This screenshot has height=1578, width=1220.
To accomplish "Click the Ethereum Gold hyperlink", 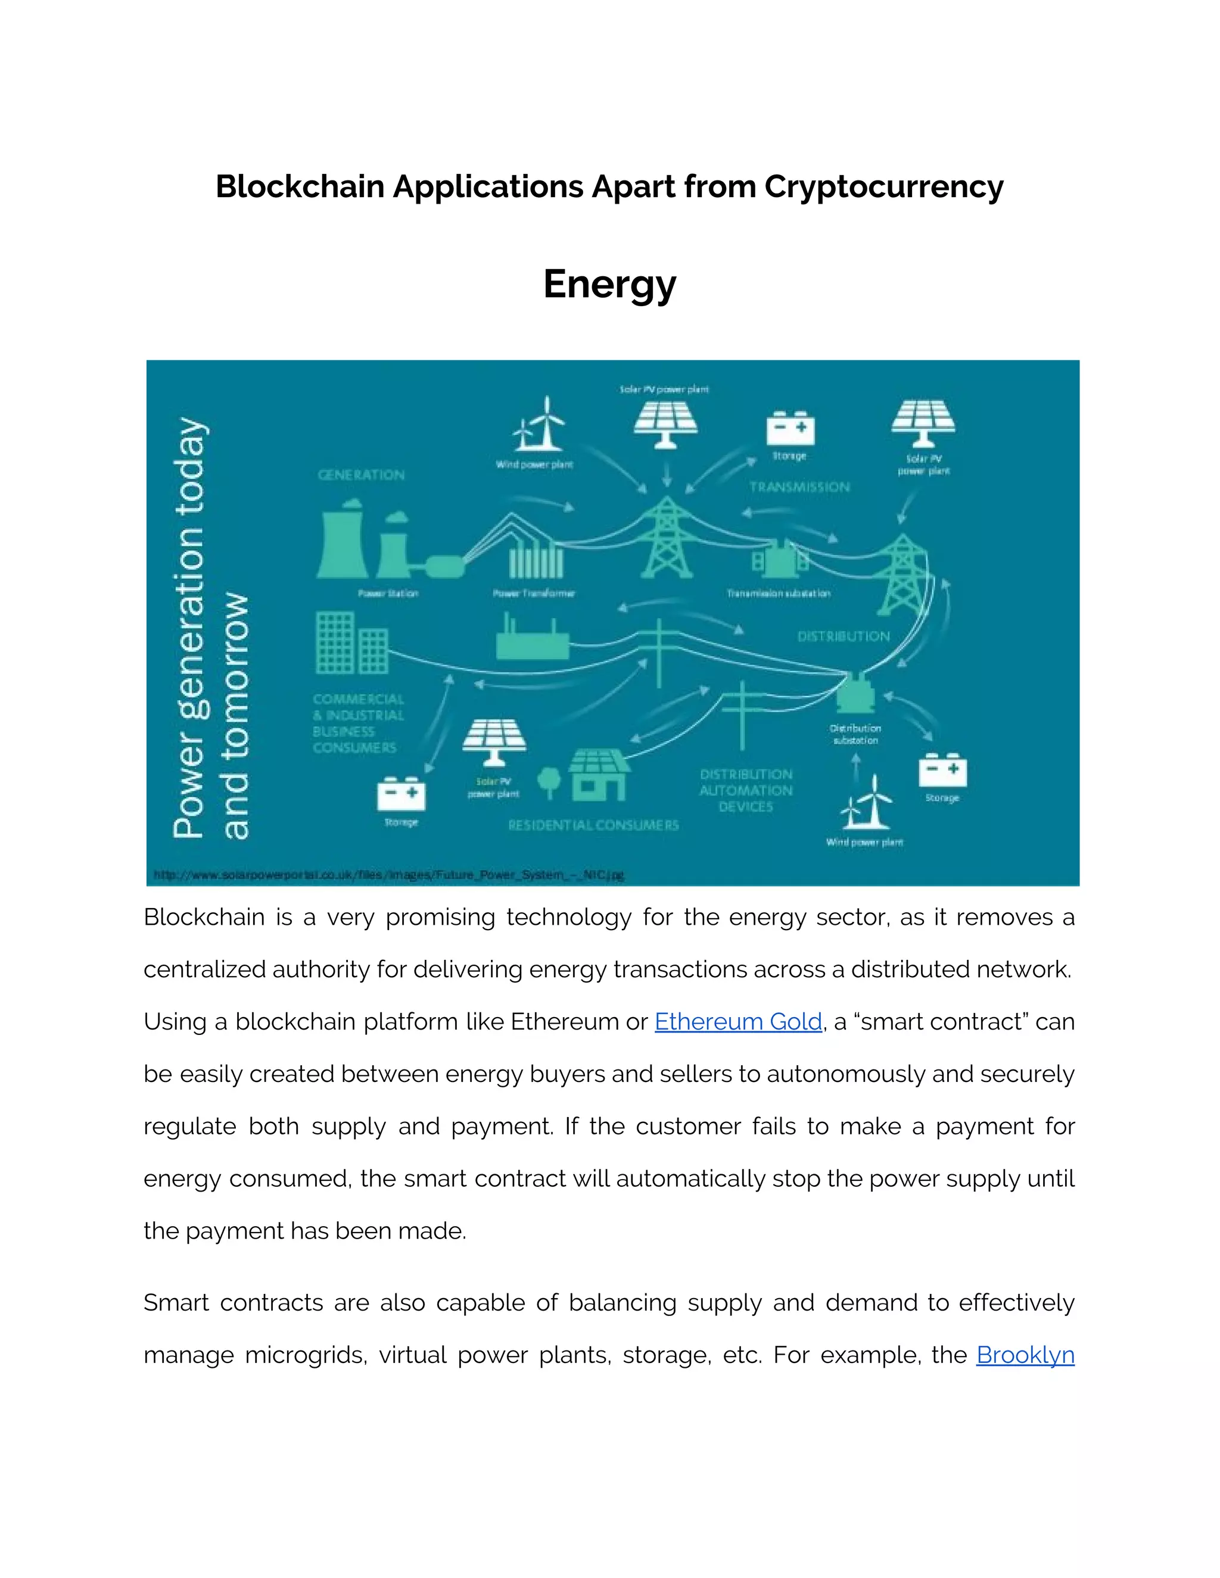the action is (x=738, y=1022).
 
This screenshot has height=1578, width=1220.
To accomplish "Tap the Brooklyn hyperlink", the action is (x=1025, y=1355).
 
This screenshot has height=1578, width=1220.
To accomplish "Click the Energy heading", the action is (x=609, y=284).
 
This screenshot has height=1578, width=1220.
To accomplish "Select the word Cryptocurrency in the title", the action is (x=883, y=186).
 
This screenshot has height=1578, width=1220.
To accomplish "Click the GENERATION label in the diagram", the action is (x=362, y=475).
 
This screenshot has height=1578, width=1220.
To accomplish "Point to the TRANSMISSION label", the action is (x=799, y=487).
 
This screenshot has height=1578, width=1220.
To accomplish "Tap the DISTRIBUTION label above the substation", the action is (x=844, y=637).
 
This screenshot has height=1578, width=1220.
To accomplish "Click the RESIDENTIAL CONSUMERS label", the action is (x=593, y=825).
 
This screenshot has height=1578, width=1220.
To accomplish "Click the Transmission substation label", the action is (x=779, y=593).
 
